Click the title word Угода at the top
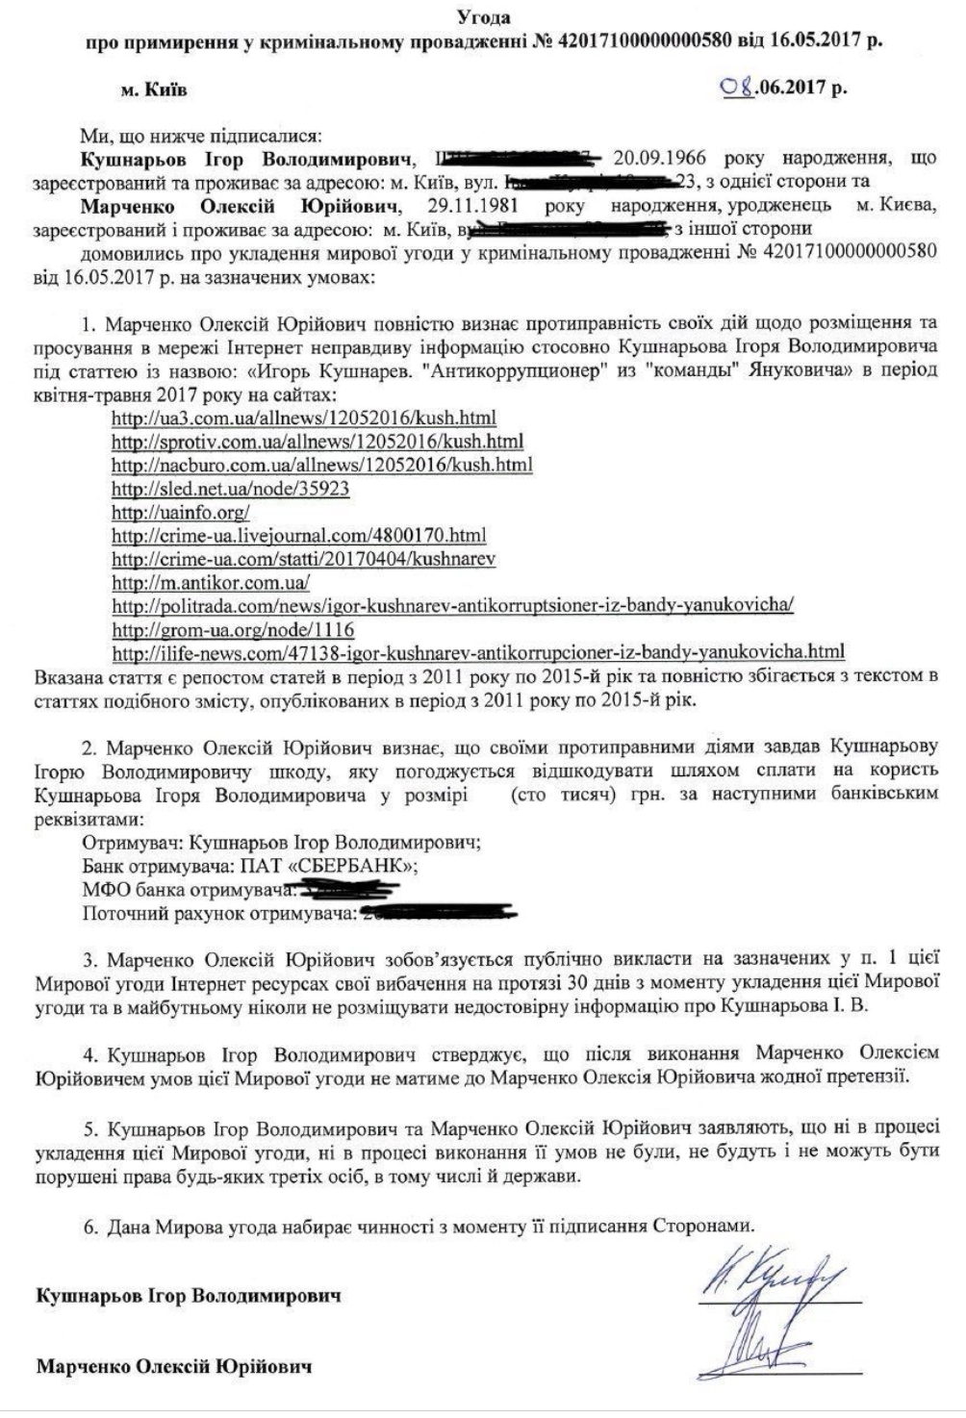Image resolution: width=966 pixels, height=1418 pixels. click(483, 17)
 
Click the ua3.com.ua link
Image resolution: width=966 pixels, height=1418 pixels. click(304, 418)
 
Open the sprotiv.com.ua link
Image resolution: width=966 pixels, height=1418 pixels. click(318, 442)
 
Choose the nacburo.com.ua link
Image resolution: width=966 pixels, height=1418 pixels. click(322, 466)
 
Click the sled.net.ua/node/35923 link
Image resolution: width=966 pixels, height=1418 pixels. click(231, 489)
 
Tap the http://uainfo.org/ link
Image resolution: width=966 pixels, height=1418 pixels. click(181, 512)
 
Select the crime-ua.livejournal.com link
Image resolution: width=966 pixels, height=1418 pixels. click(299, 536)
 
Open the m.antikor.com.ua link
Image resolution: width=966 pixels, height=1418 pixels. click(211, 583)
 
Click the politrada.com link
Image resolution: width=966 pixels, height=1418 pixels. click(452, 606)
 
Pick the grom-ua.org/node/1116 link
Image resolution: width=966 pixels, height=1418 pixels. click(233, 630)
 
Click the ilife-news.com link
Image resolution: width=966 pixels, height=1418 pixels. click(478, 653)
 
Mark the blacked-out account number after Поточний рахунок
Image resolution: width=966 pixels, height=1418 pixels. click(438, 912)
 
